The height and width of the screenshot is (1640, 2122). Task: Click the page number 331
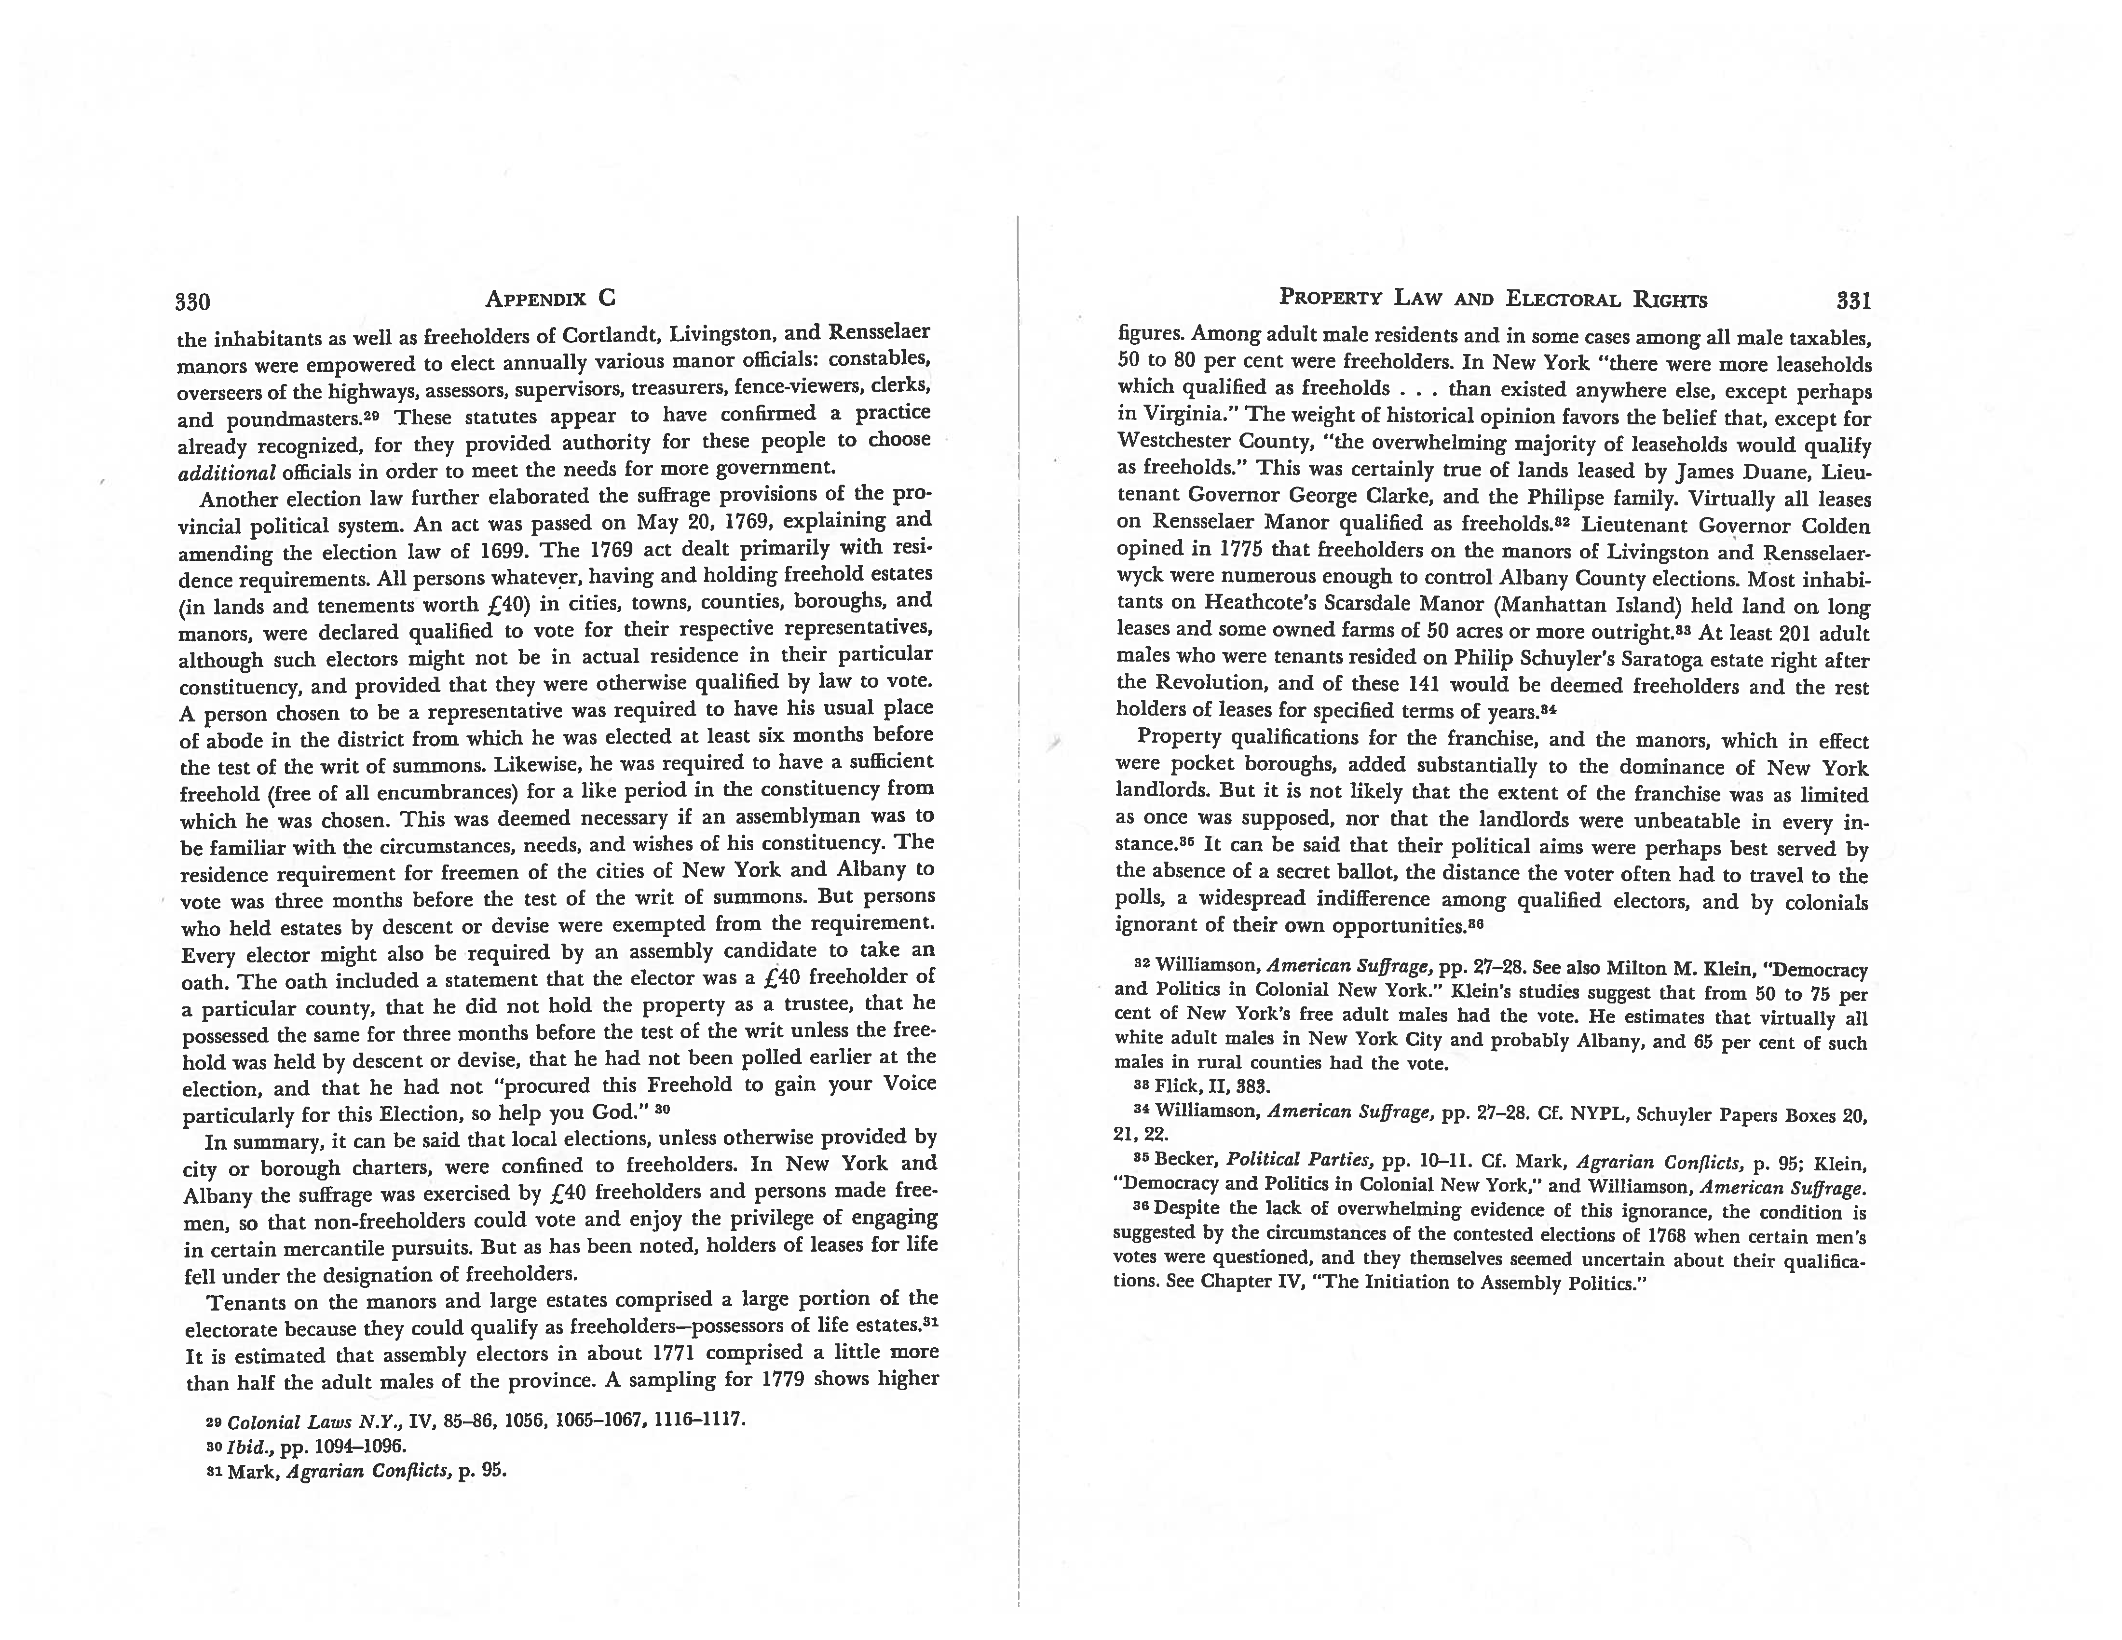tap(1854, 300)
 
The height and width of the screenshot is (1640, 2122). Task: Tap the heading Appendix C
tap(550, 298)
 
